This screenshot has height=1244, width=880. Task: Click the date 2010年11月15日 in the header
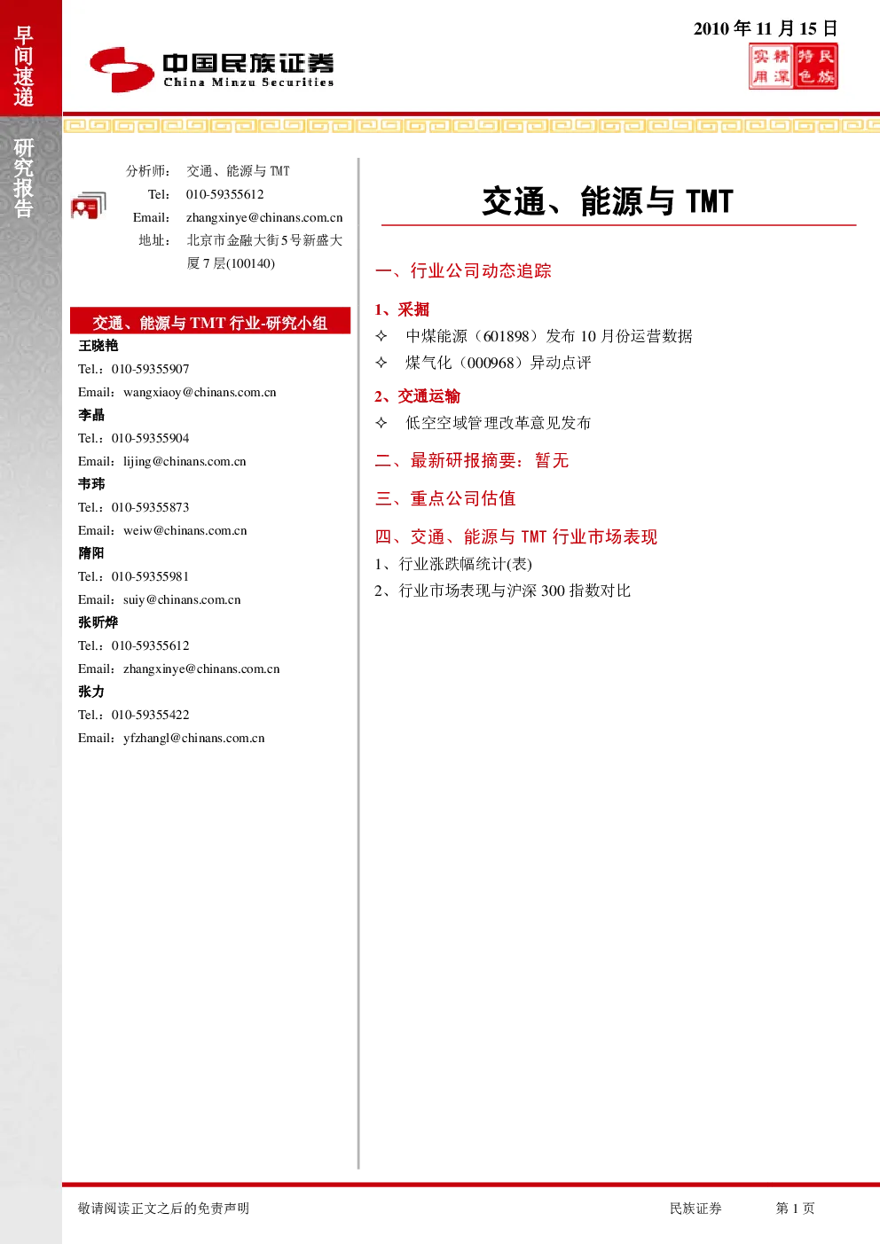point(765,28)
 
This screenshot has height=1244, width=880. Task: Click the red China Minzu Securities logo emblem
point(122,69)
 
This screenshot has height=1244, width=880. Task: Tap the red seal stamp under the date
point(793,67)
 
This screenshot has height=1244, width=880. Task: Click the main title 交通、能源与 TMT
point(608,201)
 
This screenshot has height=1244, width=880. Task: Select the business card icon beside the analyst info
point(89,206)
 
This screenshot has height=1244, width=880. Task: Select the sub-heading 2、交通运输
point(417,396)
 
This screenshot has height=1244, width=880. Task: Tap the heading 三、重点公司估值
point(445,498)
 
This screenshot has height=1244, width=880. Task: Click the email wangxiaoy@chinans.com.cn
point(200,393)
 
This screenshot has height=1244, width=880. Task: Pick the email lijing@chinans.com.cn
point(185,461)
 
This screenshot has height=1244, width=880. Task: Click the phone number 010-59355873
point(150,507)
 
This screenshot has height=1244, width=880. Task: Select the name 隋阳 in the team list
point(91,553)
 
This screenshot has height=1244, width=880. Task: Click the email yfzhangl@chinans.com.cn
point(194,738)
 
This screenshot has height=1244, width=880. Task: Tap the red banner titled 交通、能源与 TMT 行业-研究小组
point(210,321)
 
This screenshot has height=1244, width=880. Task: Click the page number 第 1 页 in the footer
point(795,1208)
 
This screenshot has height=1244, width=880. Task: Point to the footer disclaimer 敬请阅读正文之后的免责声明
point(163,1208)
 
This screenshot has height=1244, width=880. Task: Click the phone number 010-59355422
point(150,715)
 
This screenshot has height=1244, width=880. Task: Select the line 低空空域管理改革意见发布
point(499,423)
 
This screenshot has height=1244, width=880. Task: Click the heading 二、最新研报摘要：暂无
point(472,460)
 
